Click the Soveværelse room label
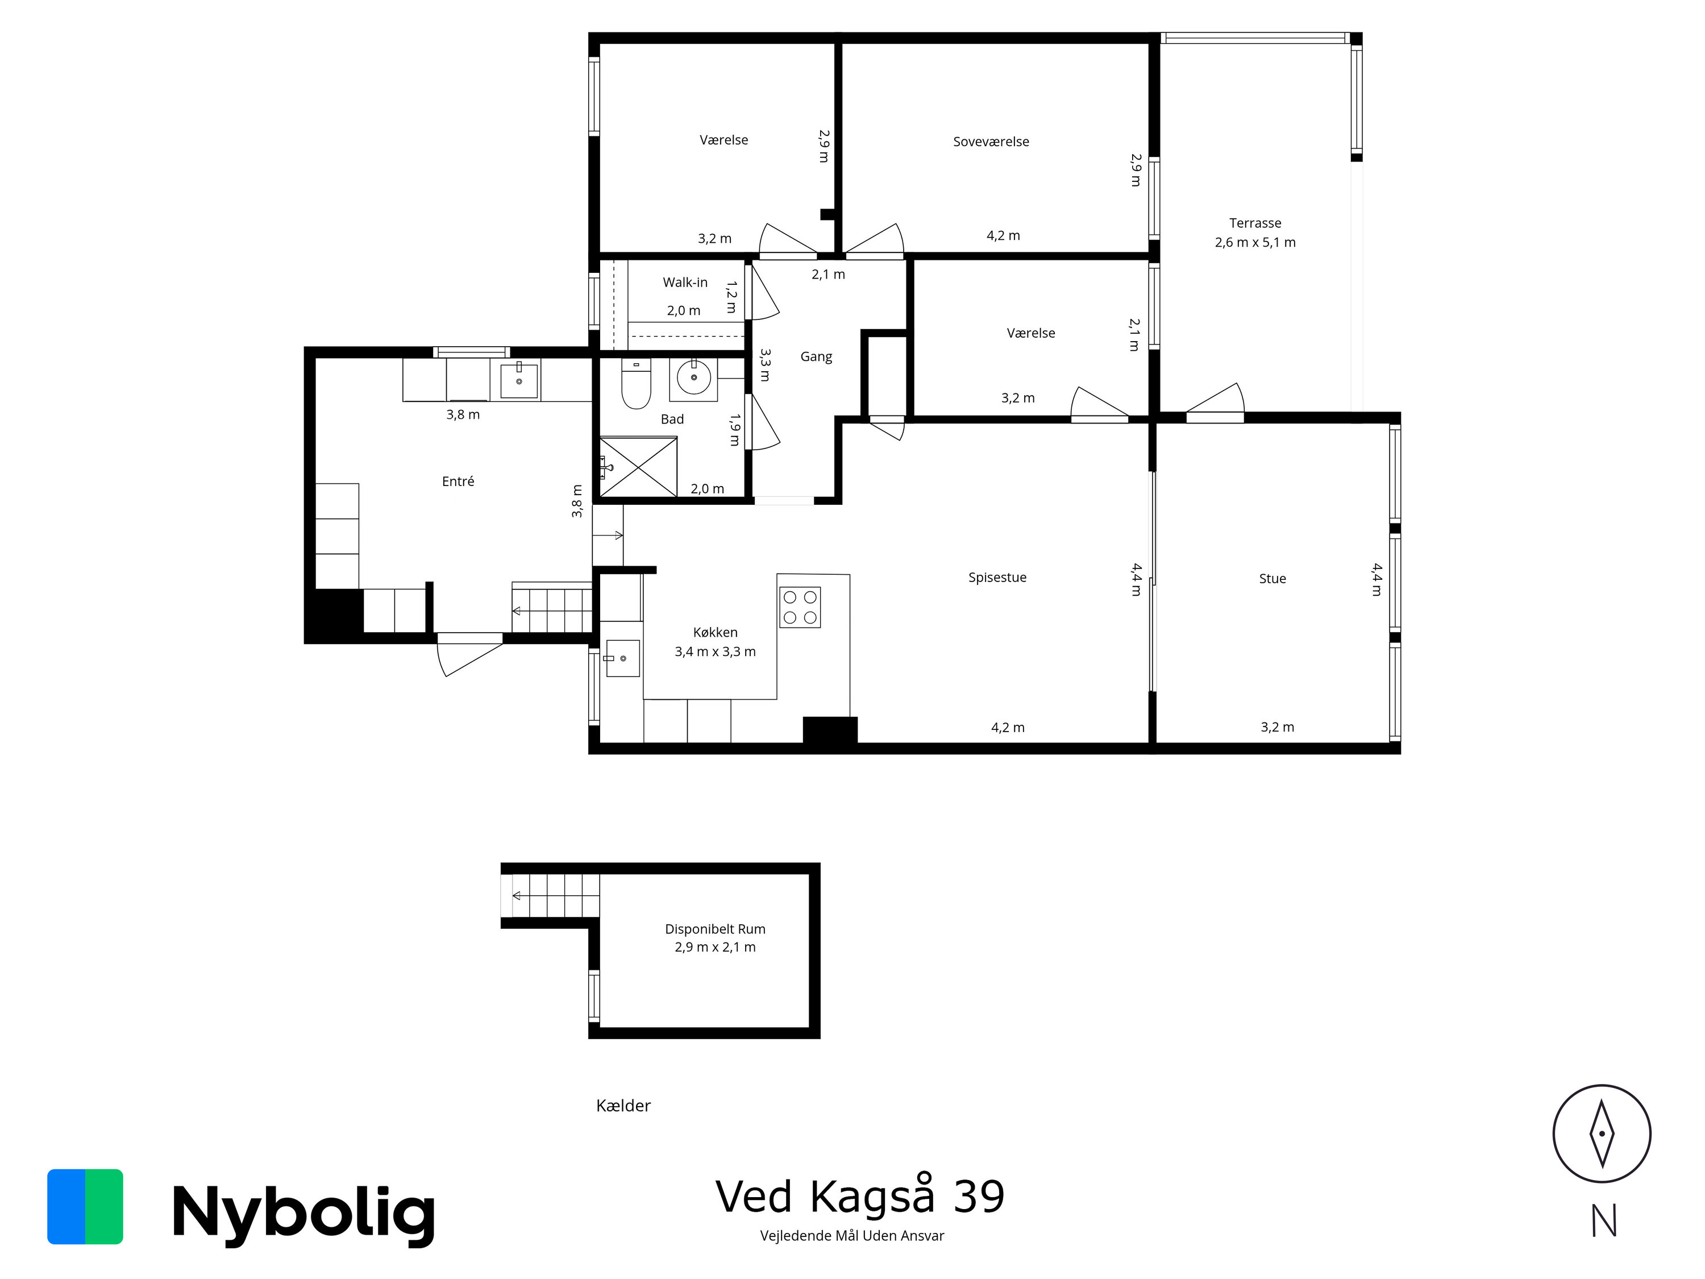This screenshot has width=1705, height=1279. pos(991,142)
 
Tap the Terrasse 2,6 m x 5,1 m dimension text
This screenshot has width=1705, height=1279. pos(1255,242)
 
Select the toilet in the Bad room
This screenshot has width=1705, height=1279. pos(636,385)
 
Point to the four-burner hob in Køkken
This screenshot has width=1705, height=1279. pos(799,607)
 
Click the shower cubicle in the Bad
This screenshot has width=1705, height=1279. pos(638,467)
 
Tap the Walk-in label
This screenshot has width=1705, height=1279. pos(684,282)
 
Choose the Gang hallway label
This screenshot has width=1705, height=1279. pos(816,356)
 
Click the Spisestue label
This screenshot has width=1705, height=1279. pos(997,578)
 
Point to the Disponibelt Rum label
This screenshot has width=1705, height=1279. pos(714,929)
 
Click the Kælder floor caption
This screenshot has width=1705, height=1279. pos(623,1106)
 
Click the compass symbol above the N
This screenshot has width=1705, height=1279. pos(1601,1134)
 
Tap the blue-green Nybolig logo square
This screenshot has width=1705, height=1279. pos(85,1207)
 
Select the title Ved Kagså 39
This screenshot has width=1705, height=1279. pos(859,1197)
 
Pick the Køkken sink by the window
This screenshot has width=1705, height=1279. pos(622,658)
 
